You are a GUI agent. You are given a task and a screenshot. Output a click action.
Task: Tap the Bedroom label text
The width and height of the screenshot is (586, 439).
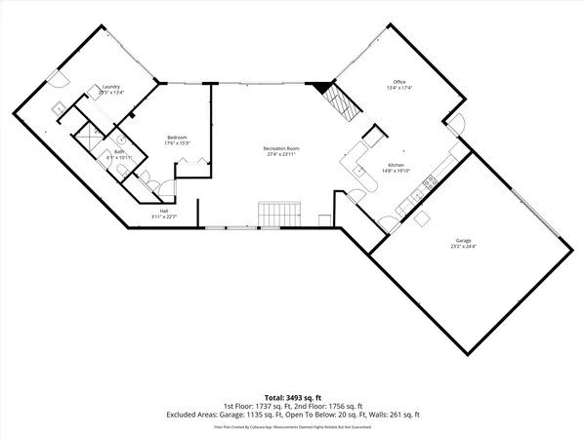[x=177, y=137]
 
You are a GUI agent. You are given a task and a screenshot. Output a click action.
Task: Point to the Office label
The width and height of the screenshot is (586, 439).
[x=398, y=81]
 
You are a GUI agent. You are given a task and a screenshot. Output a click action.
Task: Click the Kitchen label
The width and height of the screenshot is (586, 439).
[x=397, y=166]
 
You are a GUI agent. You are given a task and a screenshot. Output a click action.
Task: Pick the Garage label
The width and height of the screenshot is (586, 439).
[x=463, y=240]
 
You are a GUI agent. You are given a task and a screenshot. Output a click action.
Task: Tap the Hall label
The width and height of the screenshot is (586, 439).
[x=164, y=211]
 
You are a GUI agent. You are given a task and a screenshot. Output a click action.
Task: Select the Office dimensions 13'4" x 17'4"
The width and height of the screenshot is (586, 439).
[x=398, y=88]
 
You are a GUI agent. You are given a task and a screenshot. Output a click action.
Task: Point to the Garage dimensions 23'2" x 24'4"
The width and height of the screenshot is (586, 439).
[x=463, y=247]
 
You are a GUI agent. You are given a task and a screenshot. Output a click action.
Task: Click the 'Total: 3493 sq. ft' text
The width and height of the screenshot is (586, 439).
[x=292, y=399]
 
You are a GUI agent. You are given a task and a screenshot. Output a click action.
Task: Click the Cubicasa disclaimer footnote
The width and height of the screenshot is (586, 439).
[x=292, y=426]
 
